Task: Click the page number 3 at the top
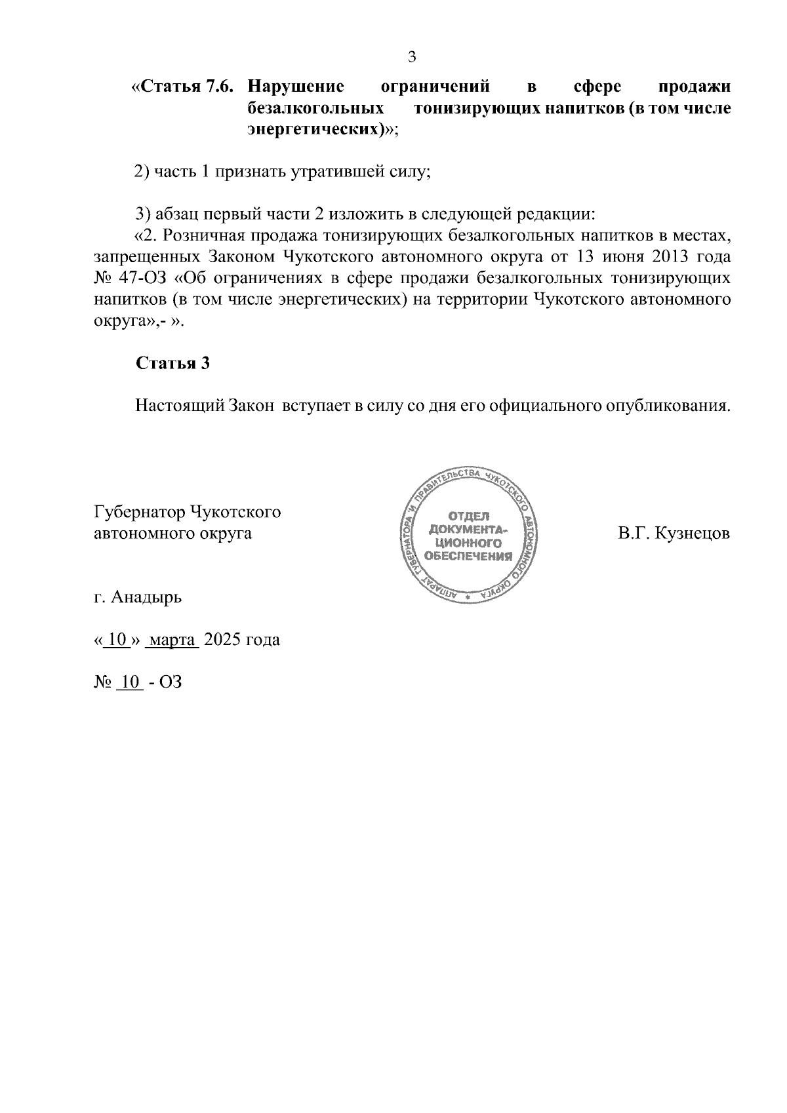point(412,57)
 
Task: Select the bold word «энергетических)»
point(317,129)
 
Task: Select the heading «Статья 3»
point(172,363)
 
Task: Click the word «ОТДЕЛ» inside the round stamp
point(468,515)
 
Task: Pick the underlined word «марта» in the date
point(171,639)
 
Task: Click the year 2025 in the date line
point(222,639)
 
